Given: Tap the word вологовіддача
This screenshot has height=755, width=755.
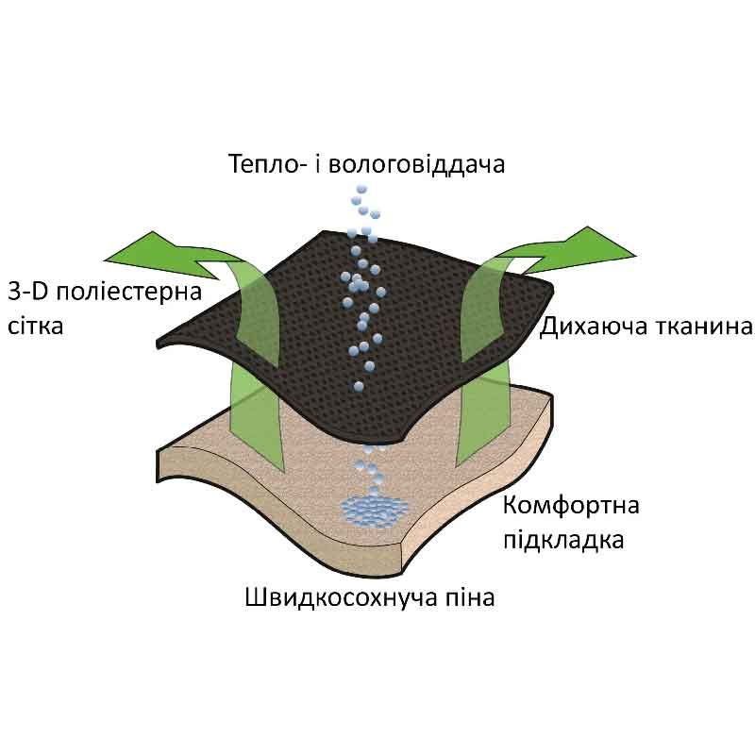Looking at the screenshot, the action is tap(416, 164).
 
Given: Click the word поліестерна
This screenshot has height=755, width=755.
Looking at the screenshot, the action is tap(129, 293).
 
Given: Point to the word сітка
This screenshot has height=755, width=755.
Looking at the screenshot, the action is tap(35, 326).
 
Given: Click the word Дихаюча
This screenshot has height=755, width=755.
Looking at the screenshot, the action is tap(594, 327).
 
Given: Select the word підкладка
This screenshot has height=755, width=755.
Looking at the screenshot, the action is tap(563, 541).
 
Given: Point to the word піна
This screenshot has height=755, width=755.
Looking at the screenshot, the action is tap(469, 597).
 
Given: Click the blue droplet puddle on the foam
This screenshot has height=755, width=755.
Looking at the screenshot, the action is tap(374, 511).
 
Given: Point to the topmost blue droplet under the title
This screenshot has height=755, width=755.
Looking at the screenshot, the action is tap(361, 189).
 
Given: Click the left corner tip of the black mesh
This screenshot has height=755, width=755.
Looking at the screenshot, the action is tap(159, 344).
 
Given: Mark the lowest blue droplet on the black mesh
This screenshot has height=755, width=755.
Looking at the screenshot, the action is tap(359, 386).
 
